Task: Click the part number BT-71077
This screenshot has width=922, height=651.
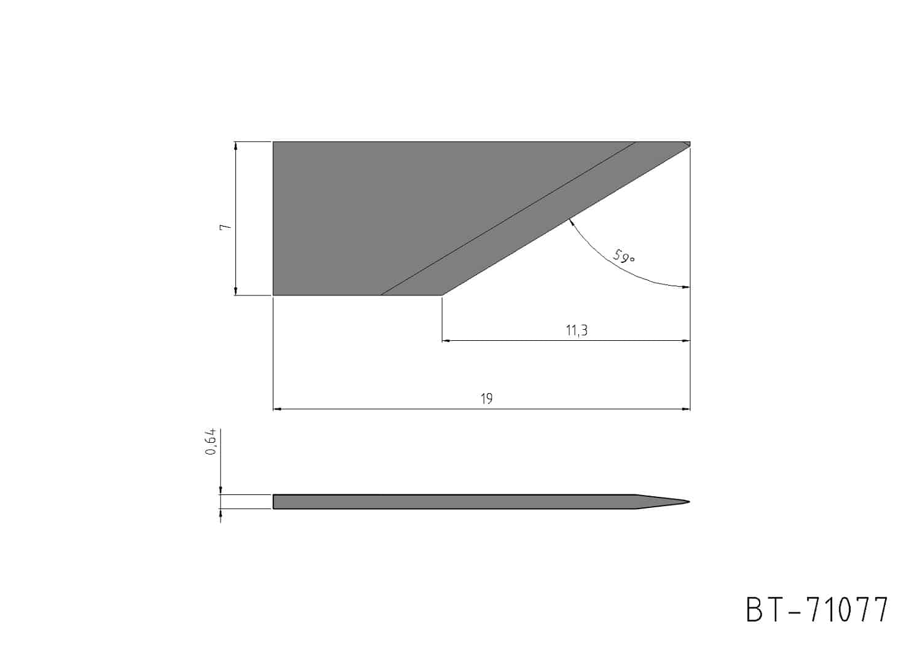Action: tap(817, 610)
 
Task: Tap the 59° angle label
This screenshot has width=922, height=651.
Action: tap(624, 256)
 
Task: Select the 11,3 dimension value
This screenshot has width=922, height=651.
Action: tap(577, 330)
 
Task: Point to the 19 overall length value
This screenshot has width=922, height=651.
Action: tap(486, 399)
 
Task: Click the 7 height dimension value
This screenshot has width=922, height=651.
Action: tap(226, 227)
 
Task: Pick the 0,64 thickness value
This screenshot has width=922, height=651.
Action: tap(210, 442)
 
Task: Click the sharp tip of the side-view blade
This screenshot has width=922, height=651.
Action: tap(690, 502)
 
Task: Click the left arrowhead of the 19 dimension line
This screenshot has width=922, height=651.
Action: tap(277, 409)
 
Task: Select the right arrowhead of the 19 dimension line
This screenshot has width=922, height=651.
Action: tap(686, 409)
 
